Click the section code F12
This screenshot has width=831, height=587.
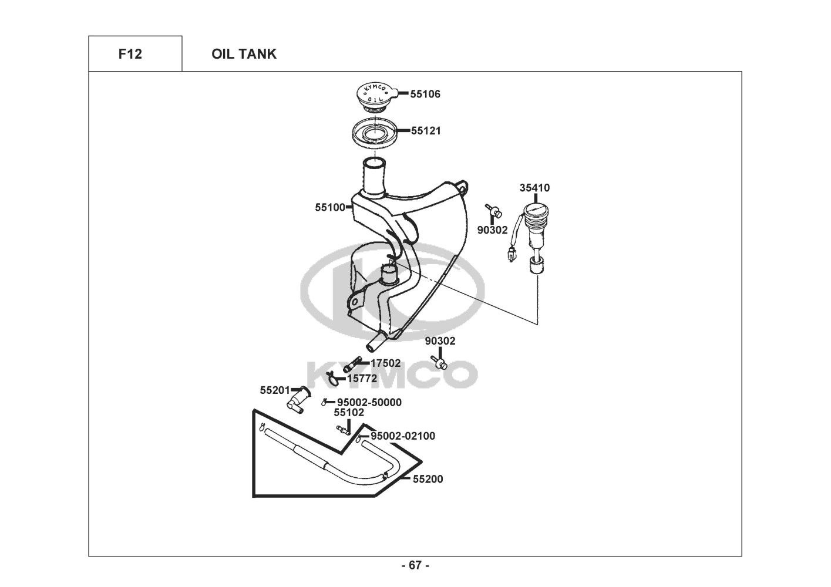pos(130,54)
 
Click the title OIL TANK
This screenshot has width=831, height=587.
pos(244,54)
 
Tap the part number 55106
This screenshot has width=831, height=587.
pos(425,94)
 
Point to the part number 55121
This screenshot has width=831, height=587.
pos(426,131)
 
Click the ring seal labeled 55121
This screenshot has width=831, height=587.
pos(374,133)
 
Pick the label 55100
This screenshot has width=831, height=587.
pos(330,208)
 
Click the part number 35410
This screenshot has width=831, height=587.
pos(534,188)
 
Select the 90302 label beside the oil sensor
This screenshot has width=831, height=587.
pos(492,230)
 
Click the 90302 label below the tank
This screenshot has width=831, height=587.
pos(440,341)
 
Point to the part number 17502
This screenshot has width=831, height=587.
pos(386,363)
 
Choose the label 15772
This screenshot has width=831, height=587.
pos(362,379)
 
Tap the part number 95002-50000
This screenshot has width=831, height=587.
pos(369,402)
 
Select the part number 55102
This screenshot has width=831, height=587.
pos(349,412)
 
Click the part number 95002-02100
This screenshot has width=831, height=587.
pos(403,436)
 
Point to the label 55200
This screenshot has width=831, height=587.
pos(428,480)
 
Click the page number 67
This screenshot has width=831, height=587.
pos(415,565)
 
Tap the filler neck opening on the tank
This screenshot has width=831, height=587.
pos(374,162)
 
